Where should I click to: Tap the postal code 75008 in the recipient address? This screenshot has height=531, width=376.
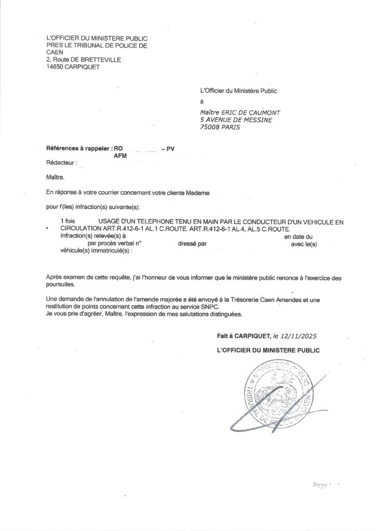coord(211,127)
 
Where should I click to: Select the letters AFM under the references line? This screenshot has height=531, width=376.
coord(120,155)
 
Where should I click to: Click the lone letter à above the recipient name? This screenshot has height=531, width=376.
coord(202,101)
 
